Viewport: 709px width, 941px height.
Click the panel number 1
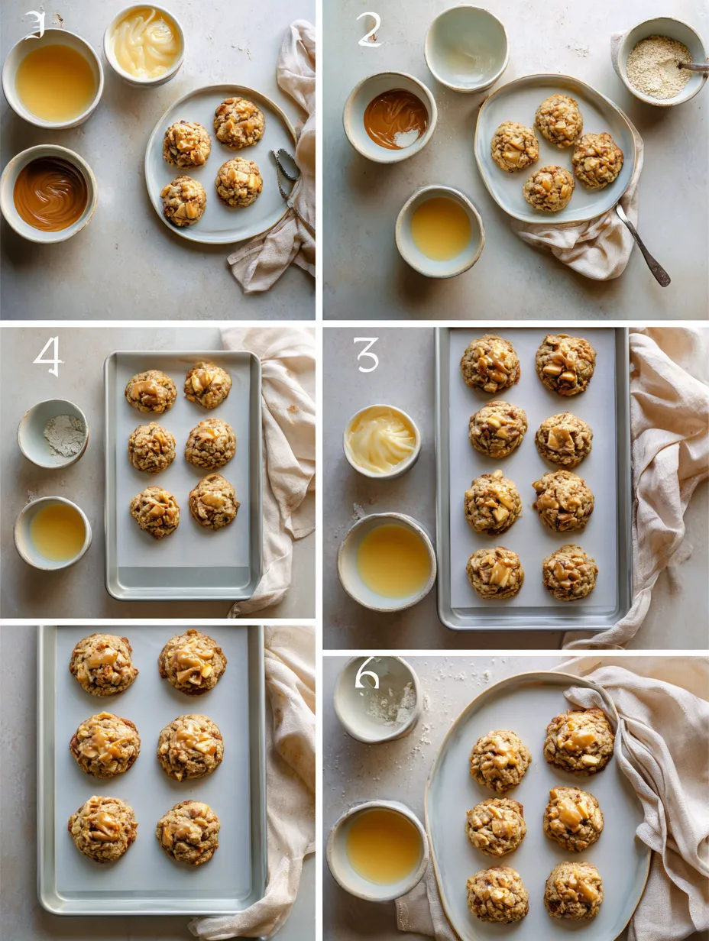(x=34, y=24)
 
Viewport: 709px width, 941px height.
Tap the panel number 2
(x=368, y=30)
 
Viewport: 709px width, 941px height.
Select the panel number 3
(x=367, y=354)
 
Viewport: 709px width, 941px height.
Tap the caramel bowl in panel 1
(x=49, y=193)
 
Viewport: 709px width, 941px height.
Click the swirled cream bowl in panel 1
(x=145, y=44)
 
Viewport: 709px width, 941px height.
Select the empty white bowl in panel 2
(x=466, y=47)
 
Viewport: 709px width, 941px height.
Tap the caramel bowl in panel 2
(x=391, y=118)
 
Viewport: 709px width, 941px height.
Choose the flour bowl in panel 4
(x=53, y=433)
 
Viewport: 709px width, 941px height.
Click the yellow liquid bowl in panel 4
(x=53, y=532)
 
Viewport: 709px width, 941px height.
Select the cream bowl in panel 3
(x=382, y=441)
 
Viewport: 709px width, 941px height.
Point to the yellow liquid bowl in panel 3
(x=387, y=561)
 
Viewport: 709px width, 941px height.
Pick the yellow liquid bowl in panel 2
(x=439, y=231)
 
